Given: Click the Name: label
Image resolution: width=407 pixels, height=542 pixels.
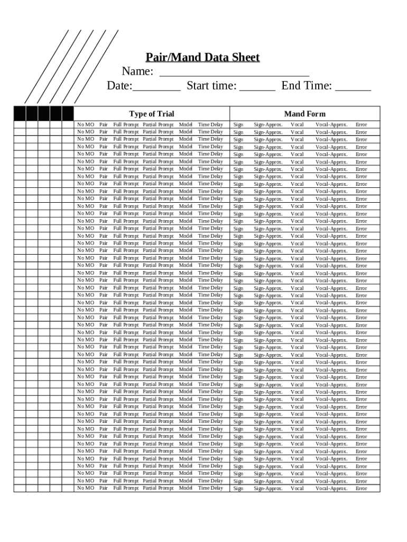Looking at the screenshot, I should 137,71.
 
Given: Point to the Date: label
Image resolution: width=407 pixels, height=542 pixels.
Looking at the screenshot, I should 119,86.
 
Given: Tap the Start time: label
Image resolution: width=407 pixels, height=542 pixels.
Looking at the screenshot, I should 211,86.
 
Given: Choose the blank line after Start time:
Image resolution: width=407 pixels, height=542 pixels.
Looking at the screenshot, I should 257,89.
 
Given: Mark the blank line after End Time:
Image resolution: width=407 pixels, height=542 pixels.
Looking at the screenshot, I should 353,89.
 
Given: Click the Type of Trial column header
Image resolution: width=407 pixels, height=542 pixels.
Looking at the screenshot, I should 151,114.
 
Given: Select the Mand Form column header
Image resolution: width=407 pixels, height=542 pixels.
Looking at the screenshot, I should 305,114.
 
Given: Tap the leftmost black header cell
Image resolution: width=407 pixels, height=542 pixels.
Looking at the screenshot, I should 20,113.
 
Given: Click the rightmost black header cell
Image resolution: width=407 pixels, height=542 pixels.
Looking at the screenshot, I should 68,113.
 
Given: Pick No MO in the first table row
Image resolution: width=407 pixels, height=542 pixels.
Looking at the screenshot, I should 86,125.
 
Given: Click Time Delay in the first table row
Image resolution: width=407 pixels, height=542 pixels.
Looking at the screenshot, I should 210,125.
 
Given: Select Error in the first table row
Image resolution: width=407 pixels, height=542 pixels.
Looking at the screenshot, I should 362,125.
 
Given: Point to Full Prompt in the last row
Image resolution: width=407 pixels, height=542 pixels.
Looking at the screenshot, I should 126,488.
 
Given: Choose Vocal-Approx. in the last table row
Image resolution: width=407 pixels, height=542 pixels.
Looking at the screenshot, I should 331,489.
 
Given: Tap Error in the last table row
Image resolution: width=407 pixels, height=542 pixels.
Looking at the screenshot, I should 362,489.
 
